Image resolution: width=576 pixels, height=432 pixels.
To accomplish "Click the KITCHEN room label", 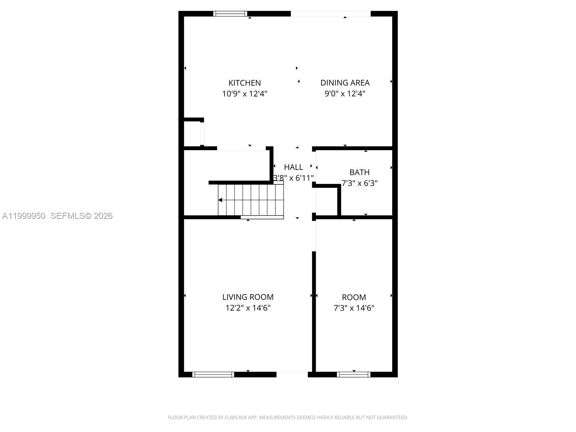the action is pyautogui.click(x=244, y=83).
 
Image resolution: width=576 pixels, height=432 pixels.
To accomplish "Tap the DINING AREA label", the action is pyautogui.click(x=345, y=83).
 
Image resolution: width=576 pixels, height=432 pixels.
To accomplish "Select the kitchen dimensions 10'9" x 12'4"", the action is pyautogui.click(x=244, y=94).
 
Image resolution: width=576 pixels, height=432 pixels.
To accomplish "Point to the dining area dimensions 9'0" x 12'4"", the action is pyautogui.click(x=345, y=94).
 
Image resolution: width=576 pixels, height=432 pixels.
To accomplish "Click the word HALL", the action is pyautogui.click(x=293, y=167).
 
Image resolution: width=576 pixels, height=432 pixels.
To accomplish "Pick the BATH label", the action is pyautogui.click(x=360, y=172).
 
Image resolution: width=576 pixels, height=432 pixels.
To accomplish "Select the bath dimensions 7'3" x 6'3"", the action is pyautogui.click(x=360, y=183).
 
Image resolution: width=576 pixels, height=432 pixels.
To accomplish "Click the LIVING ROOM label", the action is pyautogui.click(x=248, y=297).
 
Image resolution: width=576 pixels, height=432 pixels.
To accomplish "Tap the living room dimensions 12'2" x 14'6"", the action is pyautogui.click(x=248, y=308).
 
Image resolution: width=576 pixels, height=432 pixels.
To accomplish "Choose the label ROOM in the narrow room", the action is pyautogui.click(x=354, y=297).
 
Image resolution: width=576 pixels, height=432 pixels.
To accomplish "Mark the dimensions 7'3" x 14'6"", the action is pyautogui.click(x=354, y=308).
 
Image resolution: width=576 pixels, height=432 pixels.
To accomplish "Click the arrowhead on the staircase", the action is pyautogui.click(x=220, y=200).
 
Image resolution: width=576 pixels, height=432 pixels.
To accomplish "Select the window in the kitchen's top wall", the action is pyautogui.click(x=230, y=14).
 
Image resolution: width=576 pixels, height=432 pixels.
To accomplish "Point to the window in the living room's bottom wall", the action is pyautogui.click(x=213, y=374).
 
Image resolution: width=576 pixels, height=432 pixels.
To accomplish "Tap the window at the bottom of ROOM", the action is pyautogui.click(x=354, y=374).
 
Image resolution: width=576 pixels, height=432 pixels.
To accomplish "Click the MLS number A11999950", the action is pyautogui.click(x=24, y=216).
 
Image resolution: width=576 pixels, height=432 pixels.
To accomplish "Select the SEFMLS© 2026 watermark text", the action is pyautogui.click(x=81, y=216).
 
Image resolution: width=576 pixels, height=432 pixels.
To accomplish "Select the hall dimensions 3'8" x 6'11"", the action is pyautogui.click(x=293, y=178).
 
